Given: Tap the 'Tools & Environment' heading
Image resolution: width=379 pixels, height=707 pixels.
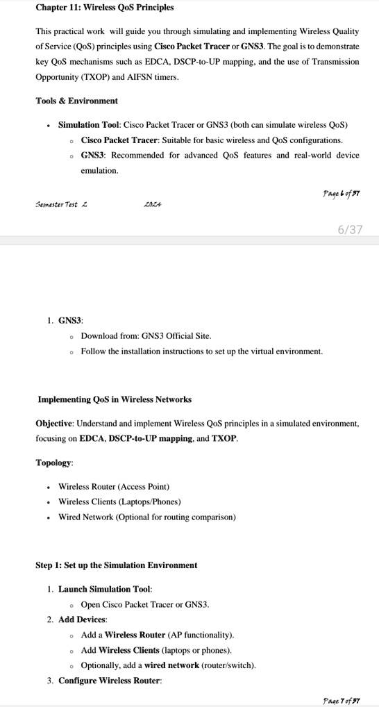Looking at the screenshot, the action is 77,101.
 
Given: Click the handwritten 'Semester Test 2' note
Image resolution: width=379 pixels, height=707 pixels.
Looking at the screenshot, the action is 61,205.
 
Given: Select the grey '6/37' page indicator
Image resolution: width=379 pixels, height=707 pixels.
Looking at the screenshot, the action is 350,229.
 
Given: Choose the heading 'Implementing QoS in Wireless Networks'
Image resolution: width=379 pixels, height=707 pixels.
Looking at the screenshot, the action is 115,400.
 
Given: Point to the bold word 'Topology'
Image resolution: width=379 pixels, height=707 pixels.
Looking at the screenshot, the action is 53,463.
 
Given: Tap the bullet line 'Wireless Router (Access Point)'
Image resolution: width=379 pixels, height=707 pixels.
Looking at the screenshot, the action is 114,487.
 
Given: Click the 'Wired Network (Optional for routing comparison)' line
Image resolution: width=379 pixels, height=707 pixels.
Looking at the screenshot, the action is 146,517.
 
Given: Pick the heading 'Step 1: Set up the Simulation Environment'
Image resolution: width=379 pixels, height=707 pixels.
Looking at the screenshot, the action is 116,565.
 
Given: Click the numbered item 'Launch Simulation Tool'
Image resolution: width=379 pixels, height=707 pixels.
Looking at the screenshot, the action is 100,590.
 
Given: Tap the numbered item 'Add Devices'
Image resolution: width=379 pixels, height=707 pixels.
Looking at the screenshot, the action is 82,619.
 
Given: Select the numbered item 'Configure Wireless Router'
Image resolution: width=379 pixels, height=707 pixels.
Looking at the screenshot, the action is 109,681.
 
